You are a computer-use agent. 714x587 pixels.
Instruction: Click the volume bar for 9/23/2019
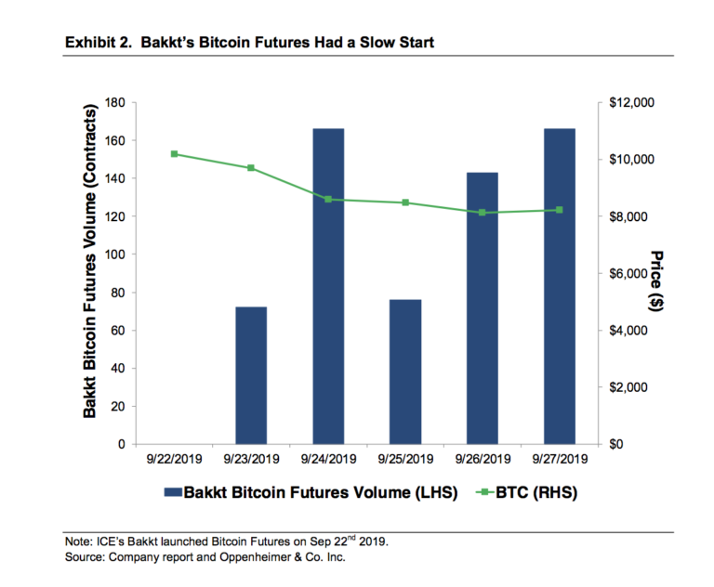(251, 375)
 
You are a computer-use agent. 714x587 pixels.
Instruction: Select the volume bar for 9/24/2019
(328, 286)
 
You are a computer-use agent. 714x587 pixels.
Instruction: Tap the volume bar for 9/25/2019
(405, 372)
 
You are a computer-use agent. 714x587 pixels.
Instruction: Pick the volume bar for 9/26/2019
(482, 308)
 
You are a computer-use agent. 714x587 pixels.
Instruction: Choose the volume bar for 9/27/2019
(559, 286)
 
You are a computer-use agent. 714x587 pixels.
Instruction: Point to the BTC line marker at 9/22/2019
(175, 154)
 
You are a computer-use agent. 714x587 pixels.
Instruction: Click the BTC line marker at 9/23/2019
(251, 168)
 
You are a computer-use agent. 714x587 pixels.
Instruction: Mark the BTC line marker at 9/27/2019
(559, 210)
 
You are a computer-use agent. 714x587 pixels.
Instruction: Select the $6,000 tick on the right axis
(629, 274)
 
